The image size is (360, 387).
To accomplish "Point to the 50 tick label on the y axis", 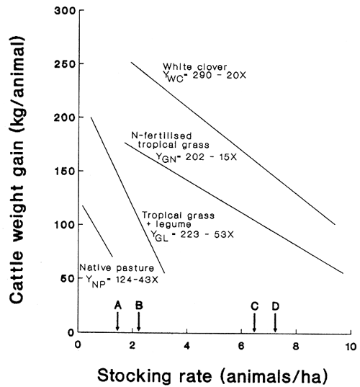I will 64,278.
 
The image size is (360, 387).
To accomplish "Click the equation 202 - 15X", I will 190,156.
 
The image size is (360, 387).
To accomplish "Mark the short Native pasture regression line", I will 98,231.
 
